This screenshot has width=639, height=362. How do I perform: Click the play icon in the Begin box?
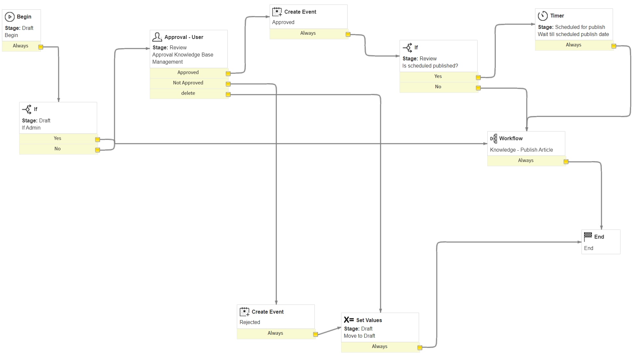click(10, 17)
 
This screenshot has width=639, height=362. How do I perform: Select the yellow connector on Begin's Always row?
click(41, 47)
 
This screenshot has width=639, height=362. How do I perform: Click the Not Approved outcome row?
click(188, 83)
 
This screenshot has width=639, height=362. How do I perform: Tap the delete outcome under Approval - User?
click(188, 94)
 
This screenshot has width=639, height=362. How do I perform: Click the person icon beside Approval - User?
click(157, 37)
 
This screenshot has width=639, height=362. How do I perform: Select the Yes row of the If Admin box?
click(58, 139)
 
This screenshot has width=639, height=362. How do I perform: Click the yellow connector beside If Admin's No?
click(97, 150)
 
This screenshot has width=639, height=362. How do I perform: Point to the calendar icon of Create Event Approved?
click(277, 12)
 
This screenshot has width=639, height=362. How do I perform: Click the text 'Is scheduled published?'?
click(430, 66)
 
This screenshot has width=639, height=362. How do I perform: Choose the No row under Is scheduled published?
click(438, 87)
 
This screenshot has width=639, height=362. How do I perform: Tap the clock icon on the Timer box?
click(543, 16)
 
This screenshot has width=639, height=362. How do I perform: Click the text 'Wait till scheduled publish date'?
click(573, 34)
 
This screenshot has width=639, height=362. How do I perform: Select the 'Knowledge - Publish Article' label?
click(521, 150)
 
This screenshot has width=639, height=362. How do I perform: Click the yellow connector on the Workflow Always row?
click(566, 162)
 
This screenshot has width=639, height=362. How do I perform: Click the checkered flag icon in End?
click(588, 236)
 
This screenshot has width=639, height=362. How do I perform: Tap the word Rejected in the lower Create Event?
click(249, 322)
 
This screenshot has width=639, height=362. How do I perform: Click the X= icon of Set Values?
click(349, 320)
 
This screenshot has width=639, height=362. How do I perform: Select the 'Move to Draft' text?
click(359, 336)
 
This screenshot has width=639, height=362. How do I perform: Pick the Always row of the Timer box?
click(573, 45)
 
